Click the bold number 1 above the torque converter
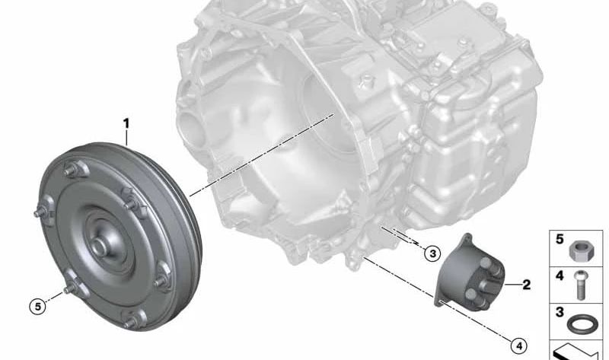tap(126, 124)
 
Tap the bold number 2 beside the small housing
tap(526, 285)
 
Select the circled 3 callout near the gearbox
tap(432, 254)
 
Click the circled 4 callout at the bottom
tap(519, 346)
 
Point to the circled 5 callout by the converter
tap(37, 307)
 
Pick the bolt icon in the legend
tap(580, 285)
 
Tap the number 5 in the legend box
tap(560, 239)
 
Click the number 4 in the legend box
tap(560, 276)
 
